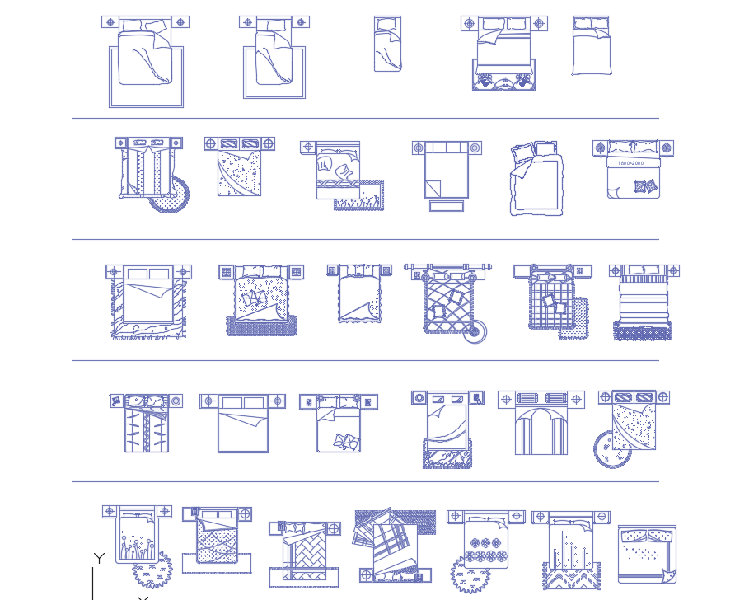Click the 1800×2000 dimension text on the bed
pyautogui.click(x=632, y=163)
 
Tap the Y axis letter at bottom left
pyautogui.click(x=99, y=559)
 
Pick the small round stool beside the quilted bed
pyautogui.click(x=474, y=332)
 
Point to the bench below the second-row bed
pyautogui.click(x=446, y=205)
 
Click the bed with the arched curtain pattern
pyautogui.click(x=541, y=429)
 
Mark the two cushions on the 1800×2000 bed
pyautogui.click(x=645, y=187)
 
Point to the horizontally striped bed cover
pyautogui.click(x=644, y=302)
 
